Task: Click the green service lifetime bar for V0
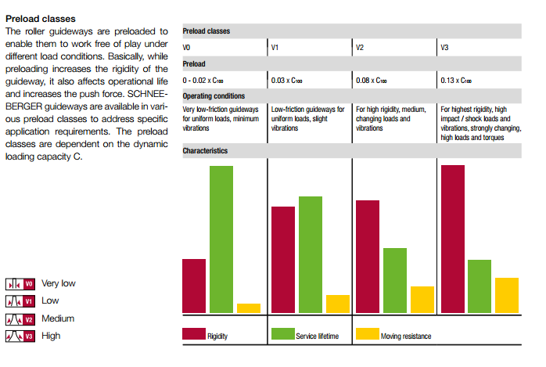pyautogui.click(x=221, y=239)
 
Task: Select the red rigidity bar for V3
pyautogui.click(x=453, y=239)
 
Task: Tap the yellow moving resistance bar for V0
pyautogui.click(x=249, y=308)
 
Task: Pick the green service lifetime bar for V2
pyautogui.click(x=395, y=280)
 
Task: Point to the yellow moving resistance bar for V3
pyautogui.click(x=507, y=295)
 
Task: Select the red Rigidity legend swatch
pyautogui.click(x=193, y=334)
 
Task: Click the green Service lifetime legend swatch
pyautogui.click(x=282, y=334)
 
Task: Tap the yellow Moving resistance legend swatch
pyautogui.click(x=367, y=334)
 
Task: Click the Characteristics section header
pyautogui.click(x=205, y=149)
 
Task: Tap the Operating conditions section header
pyautogui.click(x=213, y=96)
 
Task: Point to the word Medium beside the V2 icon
pyautogui.click(x=58, y=318)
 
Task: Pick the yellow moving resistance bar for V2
pyautogui.click(x=422, y=300)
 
